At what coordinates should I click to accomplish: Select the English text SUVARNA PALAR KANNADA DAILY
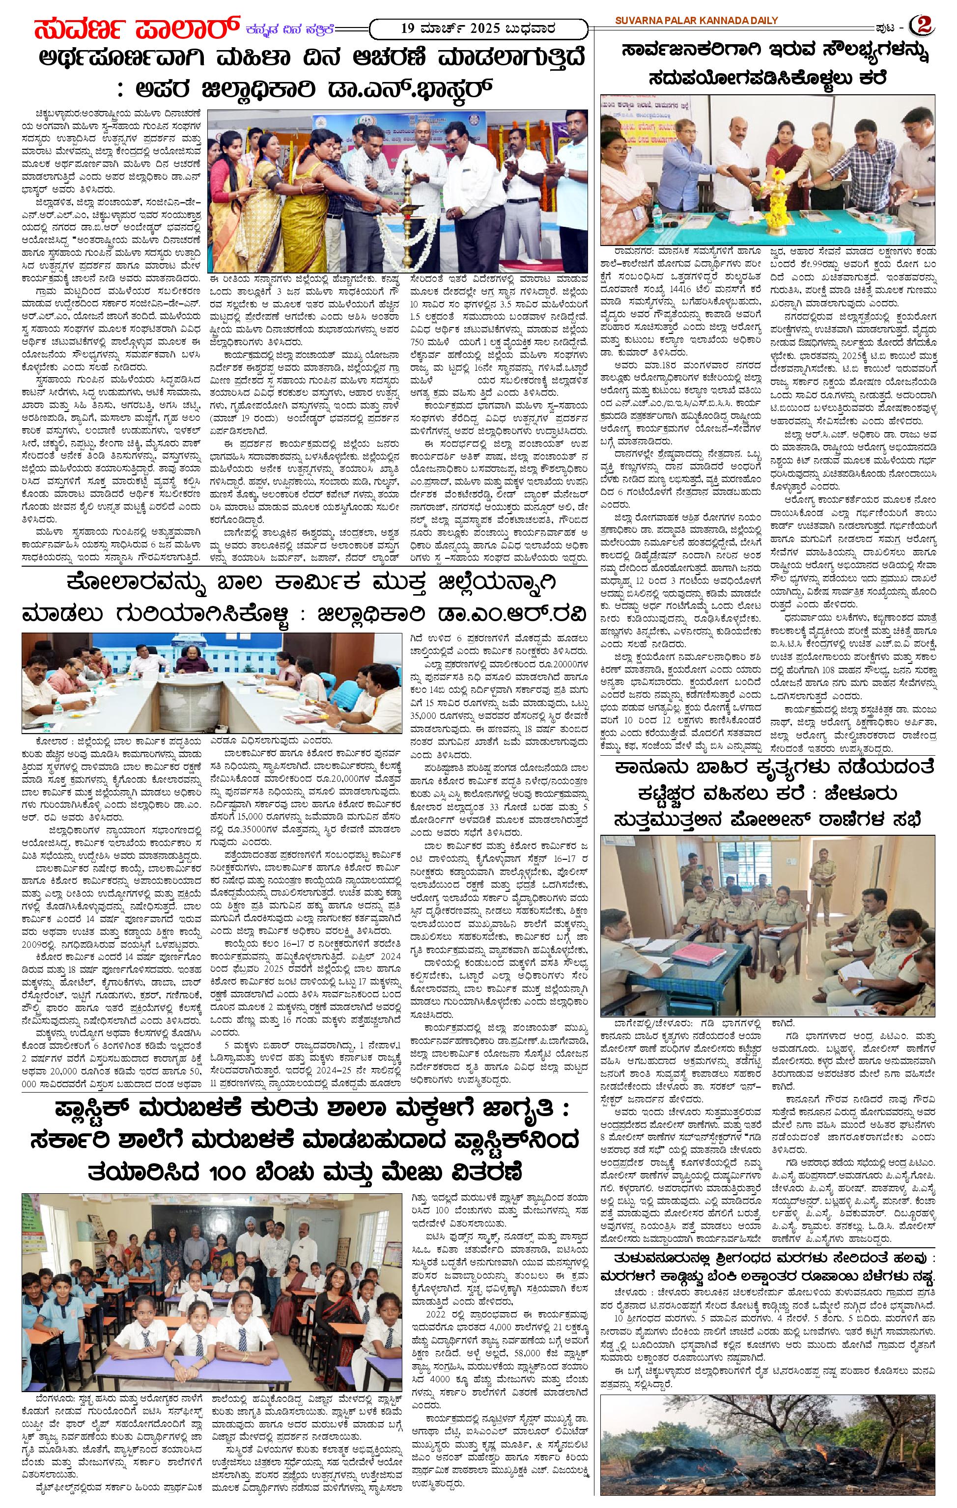pos(696,21)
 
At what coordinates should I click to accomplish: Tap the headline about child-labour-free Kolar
pos(304,601)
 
